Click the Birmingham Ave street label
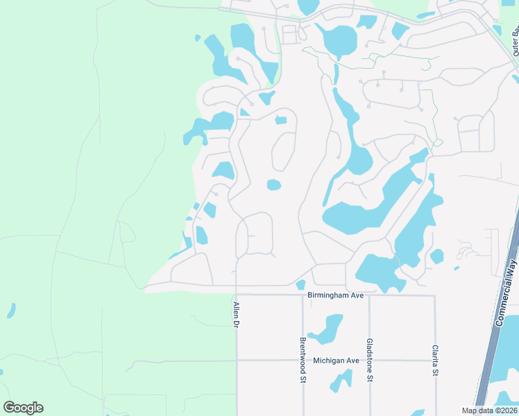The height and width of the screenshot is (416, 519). (x=336, y=295)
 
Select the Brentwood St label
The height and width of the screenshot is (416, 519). (x=303, y=360)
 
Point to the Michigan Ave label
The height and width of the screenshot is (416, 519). (x=336, y=361)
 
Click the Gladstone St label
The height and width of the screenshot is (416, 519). (x=369, y=361)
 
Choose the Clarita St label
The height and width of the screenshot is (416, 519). (x=435, y=361)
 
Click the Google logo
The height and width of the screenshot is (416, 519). (x=23, y=408)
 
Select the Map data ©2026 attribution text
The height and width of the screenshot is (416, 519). (x=488, y=410)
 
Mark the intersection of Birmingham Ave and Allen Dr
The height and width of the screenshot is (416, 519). (x=237, y=295)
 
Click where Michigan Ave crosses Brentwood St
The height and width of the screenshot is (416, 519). (x=303, y=361)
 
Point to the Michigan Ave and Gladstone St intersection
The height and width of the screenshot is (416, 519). (x=369, y=361)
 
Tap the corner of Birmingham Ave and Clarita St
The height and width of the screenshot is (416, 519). (x=435, y=295)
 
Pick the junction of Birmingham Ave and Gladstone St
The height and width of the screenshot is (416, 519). (x=369, y=295)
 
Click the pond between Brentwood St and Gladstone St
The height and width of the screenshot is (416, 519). (x=326, y=329)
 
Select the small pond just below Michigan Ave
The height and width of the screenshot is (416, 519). (x=341, y=381)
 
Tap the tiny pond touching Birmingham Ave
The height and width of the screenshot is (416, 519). (x=300, y=284)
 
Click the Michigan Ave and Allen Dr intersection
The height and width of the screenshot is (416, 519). (x=237, y=361)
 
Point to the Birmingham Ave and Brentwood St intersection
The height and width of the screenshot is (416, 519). (x=303, y=295)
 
